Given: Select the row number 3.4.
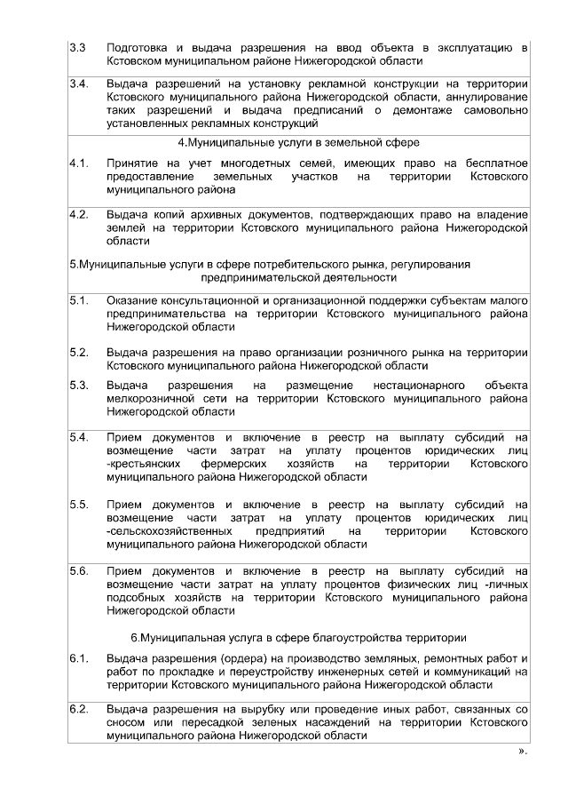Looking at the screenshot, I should (x=78, y=84).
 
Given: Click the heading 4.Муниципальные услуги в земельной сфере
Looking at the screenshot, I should (x=299, y=143).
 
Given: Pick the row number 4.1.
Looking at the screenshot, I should (x=78, y=163).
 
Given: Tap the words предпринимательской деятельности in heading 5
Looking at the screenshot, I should (x=299, y=277).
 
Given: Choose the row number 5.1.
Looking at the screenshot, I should (x=78, y=301).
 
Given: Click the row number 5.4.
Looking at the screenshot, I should (x=78, y=437).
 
